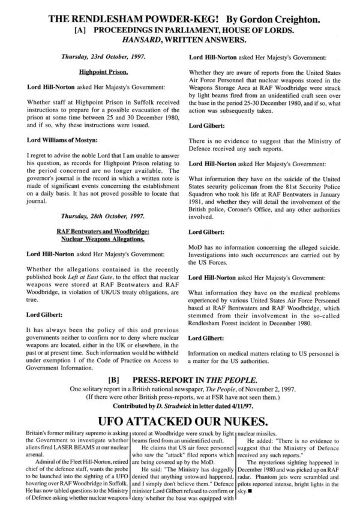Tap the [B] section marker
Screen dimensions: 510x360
tap(112, 380)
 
